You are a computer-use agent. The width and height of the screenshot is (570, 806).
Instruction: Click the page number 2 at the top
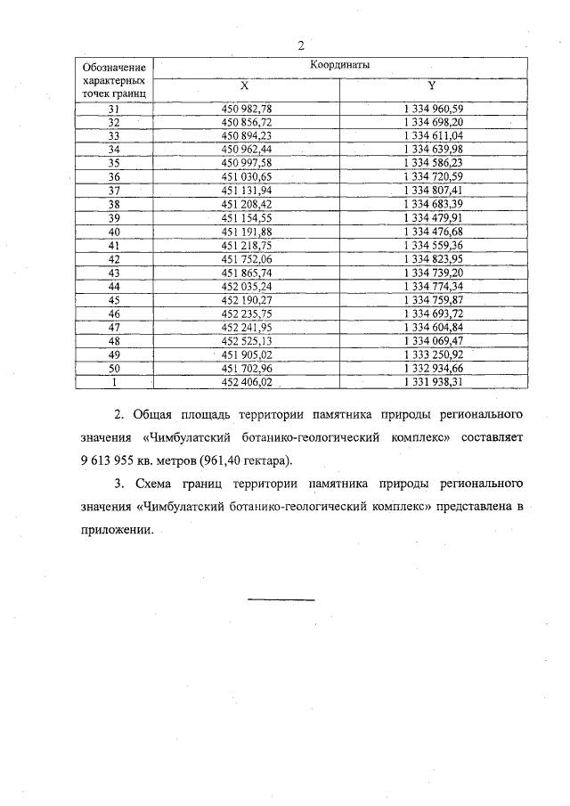coord(302,46)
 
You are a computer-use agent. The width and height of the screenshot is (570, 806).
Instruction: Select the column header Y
coord(432,86)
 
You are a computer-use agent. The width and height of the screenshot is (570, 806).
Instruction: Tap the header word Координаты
coord(339,65)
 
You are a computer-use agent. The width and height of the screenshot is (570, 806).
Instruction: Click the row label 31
coord(113,108)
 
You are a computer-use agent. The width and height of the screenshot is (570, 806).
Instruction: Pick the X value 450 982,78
coord(246,108)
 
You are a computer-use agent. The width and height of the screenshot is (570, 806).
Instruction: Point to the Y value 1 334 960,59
coord(434,108)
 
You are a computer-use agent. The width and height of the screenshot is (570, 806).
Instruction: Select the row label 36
coord(113,176)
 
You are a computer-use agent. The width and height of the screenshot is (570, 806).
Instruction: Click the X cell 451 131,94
coord(246,190)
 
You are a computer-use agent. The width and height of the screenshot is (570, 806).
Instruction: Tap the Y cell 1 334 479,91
coord(434,217)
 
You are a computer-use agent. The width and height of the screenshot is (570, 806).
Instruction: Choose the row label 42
coord(113,258)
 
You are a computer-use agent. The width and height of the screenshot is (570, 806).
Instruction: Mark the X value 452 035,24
coord(246,286)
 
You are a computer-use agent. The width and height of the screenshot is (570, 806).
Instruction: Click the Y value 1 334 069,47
coord(434,340)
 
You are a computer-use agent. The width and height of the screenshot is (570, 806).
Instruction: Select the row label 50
coord(113,368)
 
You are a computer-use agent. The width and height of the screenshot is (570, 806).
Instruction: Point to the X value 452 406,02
coord(246,382)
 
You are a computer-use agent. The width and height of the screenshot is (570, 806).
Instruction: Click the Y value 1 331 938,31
coord(434,382)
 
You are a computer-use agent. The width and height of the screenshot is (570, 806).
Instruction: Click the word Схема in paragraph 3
coord(154,484)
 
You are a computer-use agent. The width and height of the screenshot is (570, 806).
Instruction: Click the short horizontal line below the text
coord(281,598)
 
